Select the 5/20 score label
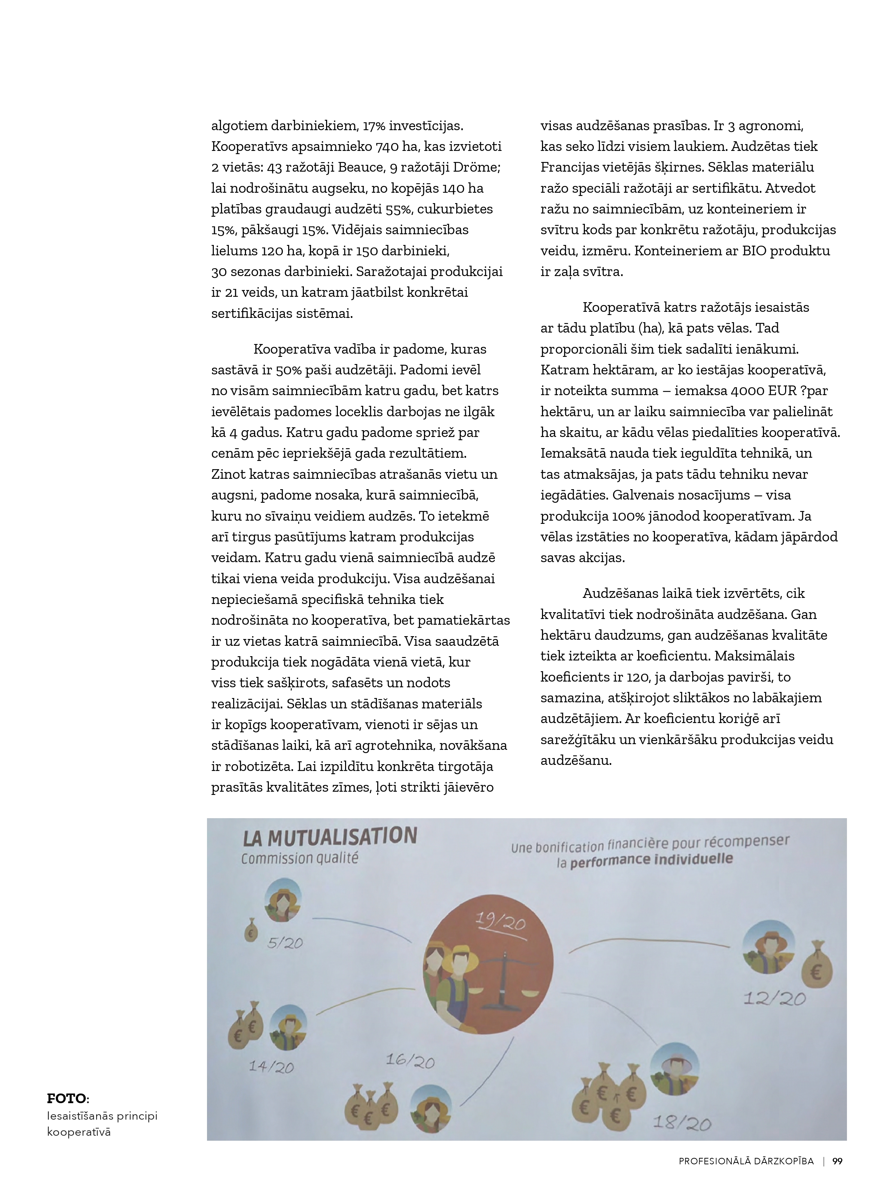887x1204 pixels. [x=285, y=943]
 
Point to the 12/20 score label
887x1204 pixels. [x=774, y=998]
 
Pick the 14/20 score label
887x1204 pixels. [x=271, y=1067]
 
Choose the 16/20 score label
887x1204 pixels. [x=410, y=1061]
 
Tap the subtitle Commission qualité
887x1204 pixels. [x=300, y=858]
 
